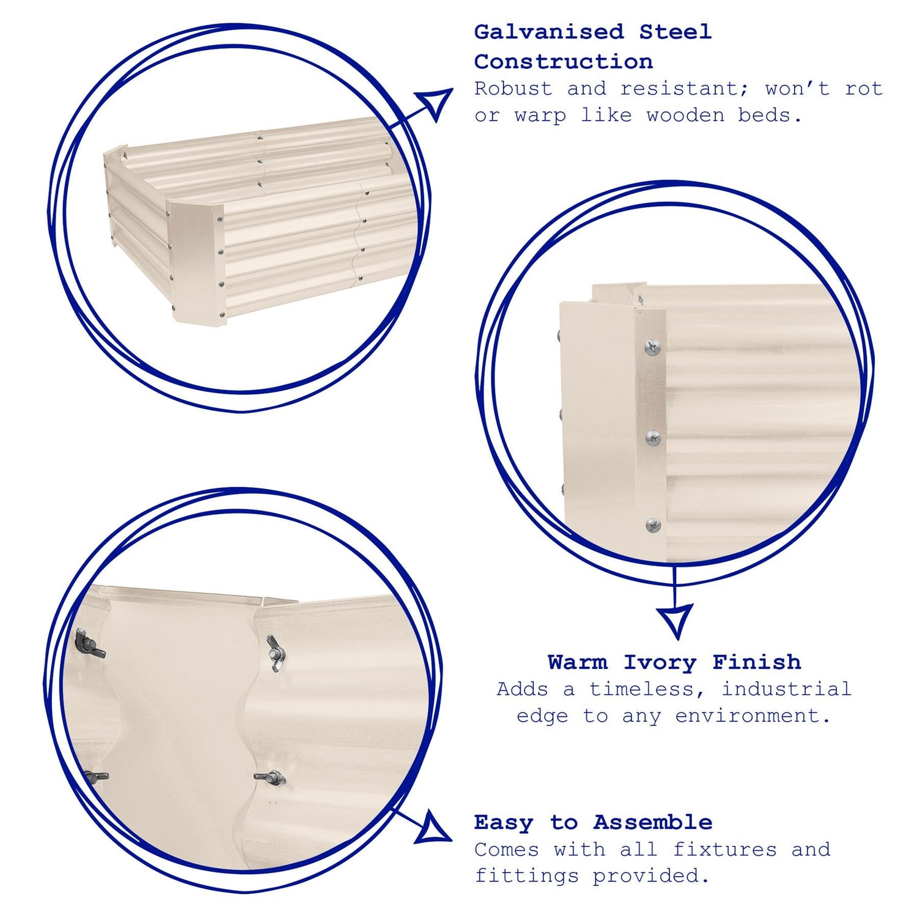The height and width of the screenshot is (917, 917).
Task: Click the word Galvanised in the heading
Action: click(549, 32)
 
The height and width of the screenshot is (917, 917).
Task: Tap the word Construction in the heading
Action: click(564, 62)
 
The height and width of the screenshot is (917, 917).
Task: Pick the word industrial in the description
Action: click(786, 689)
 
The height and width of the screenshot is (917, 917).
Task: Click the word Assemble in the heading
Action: click(652, 822)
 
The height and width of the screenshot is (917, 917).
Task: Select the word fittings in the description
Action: click(526, 876)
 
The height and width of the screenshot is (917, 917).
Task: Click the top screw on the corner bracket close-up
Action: click(652, 348)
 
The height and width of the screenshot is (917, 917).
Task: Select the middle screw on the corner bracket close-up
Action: click(654, 437)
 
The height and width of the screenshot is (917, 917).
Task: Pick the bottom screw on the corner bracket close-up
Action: click(652, 525)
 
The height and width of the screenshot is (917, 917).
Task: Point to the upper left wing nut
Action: click(89, 644)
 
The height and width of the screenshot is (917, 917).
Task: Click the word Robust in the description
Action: click(514, 89)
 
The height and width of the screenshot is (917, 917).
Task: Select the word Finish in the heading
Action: click(756, 662)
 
